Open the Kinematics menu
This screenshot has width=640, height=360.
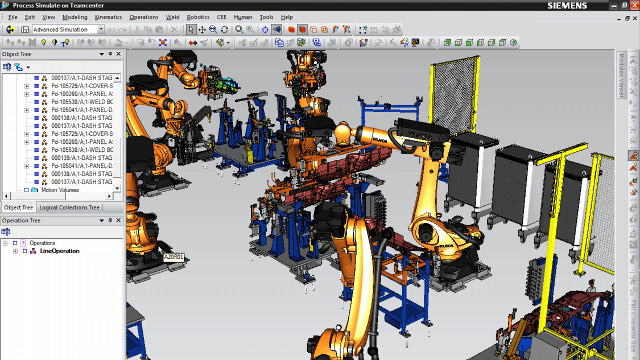[x=108, y=17]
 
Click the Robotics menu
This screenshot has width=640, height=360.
[x=198, y=17]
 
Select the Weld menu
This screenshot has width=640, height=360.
[x=172, y=17]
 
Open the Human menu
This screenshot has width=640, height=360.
[x=243, y=17]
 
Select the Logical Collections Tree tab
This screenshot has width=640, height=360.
[x=69, y=208]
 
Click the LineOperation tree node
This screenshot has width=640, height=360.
[x=60, y=251]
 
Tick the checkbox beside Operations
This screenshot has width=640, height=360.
[x=15, y=243]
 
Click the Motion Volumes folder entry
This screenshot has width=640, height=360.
[x=60, y=190]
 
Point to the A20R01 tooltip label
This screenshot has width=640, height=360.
[x=174, y=257]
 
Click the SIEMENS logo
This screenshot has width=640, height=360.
[x=567, y=6]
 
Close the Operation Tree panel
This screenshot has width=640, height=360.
[x=118, y=221]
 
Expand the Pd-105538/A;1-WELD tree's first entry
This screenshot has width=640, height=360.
[x=82, y=102]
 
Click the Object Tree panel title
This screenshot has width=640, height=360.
[x=17, y=54]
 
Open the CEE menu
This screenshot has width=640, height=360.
[x=221, y=17]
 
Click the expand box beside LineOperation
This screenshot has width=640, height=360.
[x=15, y=251]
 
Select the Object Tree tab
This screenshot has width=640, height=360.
[x=18, y=208]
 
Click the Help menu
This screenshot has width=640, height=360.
[x=287, y=17]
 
